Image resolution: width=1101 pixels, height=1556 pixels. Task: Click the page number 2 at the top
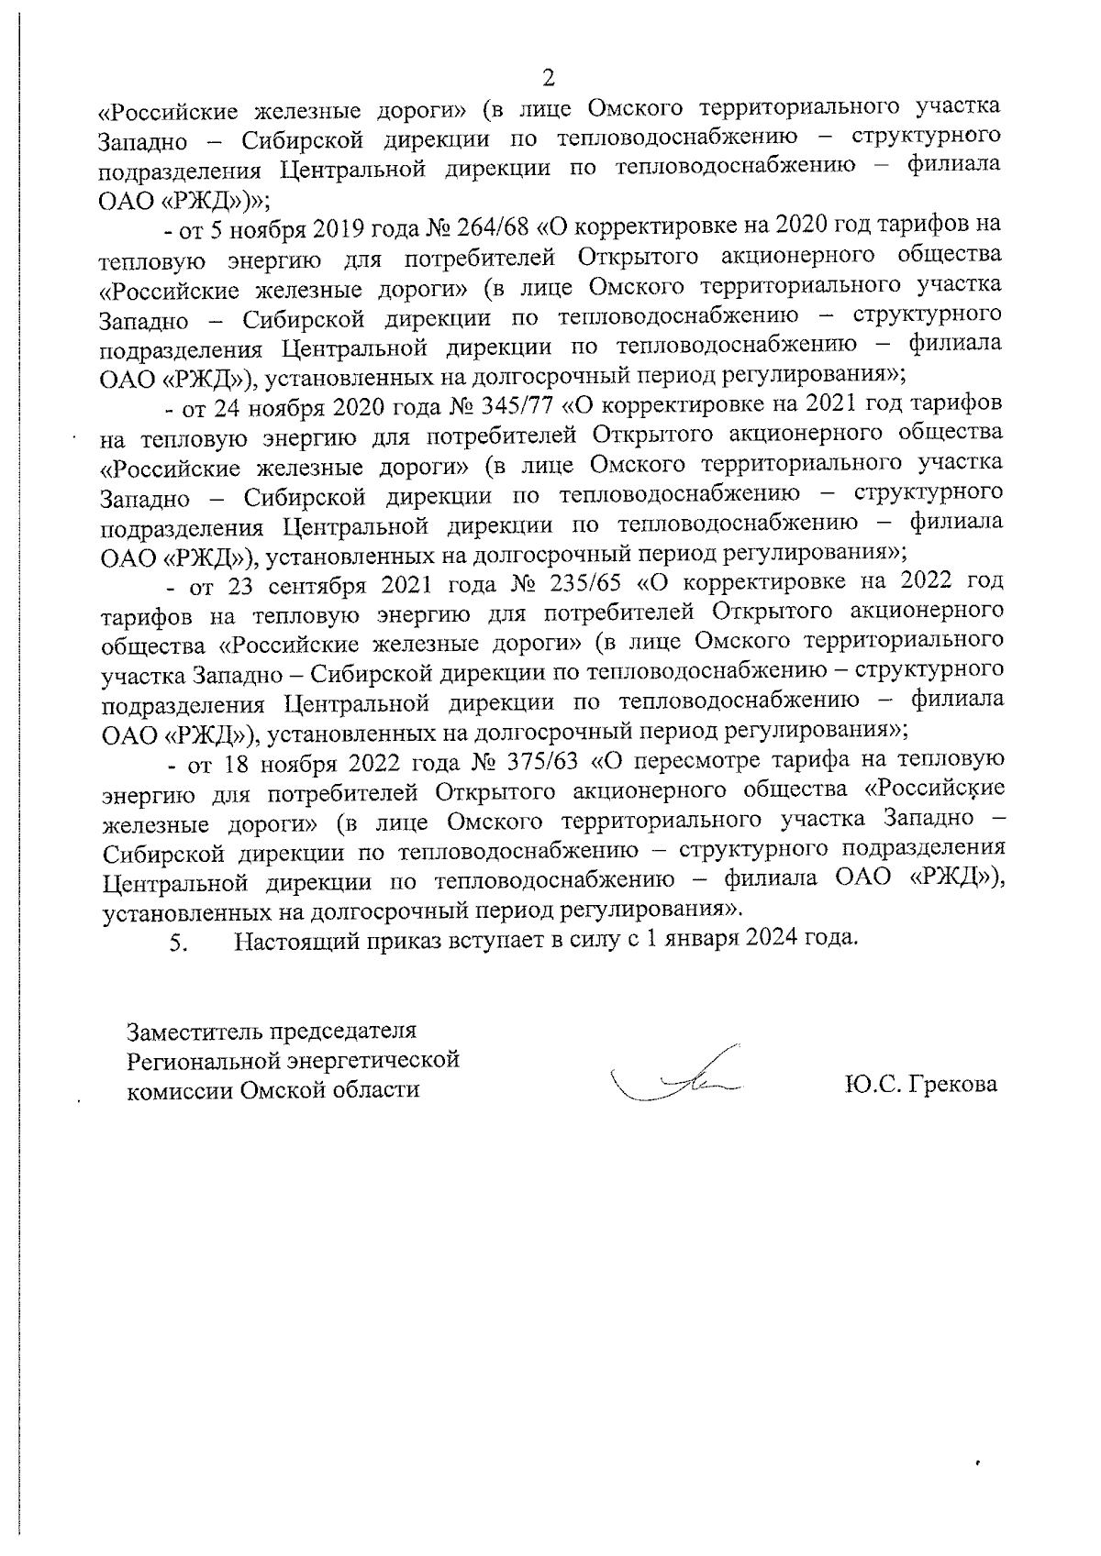(x=550, y=76)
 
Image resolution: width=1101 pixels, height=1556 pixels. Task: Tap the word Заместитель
(x=193, y=1032)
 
